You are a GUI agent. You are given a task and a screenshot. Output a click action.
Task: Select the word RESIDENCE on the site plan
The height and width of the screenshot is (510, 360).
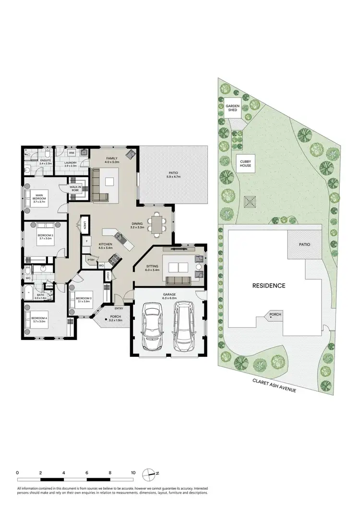pos(269,285)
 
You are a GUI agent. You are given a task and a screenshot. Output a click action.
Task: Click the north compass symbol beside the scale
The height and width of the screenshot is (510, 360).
pos(153,474)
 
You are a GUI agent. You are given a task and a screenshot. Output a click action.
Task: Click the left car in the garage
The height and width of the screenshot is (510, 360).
pos(154,326)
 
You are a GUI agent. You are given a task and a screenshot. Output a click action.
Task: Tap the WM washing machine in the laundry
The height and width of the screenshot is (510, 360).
pos(72,153)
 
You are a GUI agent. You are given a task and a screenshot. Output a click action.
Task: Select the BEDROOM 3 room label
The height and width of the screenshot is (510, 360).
pos(83,300)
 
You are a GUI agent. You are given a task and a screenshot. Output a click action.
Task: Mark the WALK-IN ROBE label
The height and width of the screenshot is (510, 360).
pos(75,189)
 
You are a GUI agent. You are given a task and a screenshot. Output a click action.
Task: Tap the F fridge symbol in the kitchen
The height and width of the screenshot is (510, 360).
pos(86,241)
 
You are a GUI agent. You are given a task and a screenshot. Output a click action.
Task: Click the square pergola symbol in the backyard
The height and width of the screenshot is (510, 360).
pos(250,202)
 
